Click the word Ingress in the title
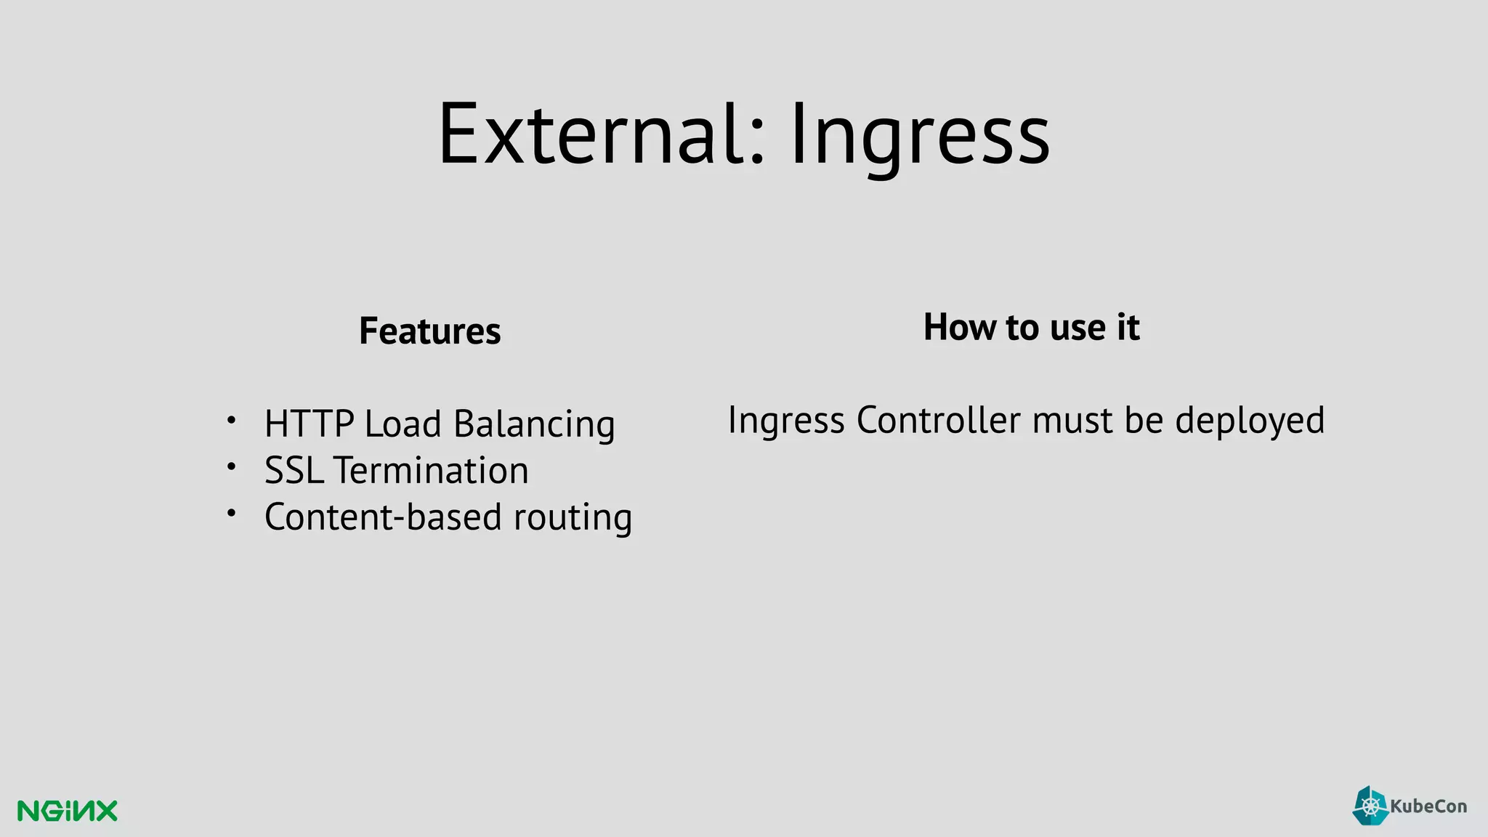click(x=920, y=138)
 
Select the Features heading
click(x=430, y=331)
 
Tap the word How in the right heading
click(x=960, y=327)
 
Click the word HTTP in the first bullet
click(x=309, y=424)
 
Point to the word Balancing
click(x=534, y=424)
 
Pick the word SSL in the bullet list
click(x=294, y=471)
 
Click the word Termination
click(x=432, y=471)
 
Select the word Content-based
click(x=383, y=517)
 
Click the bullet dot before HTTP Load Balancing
click(x=231, y=420)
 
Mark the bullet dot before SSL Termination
click(x=231, y=466)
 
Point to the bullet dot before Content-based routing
click(x=231, y=513)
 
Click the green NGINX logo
click(x=67, y=811)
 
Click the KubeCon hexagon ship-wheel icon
click(x=1370, y=806)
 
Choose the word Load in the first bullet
click(x=403, y=424)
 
